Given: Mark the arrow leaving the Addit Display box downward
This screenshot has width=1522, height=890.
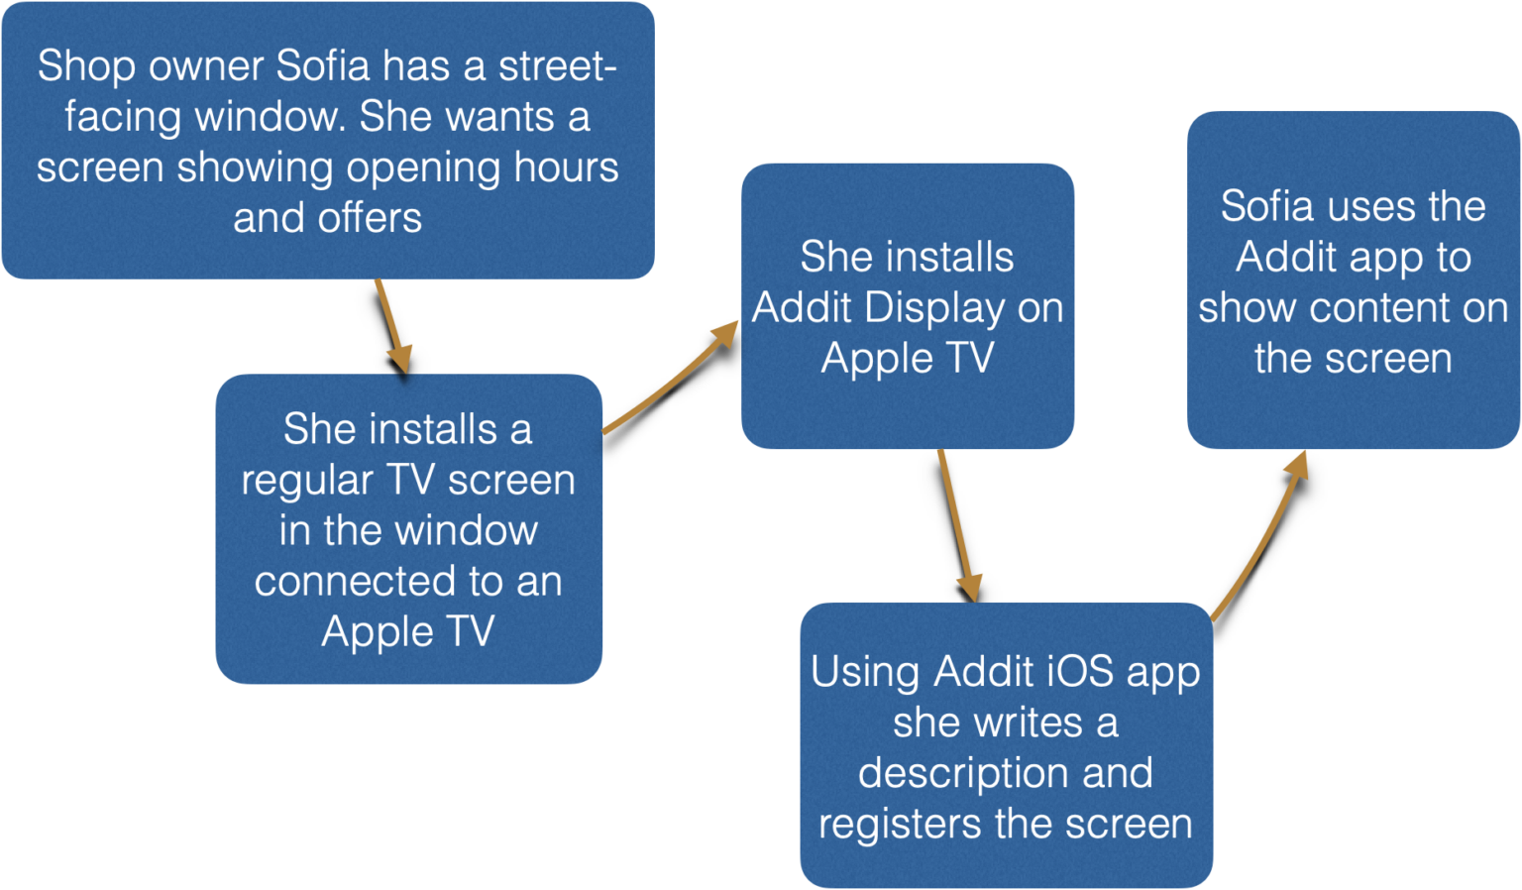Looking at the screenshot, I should point(958,525).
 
